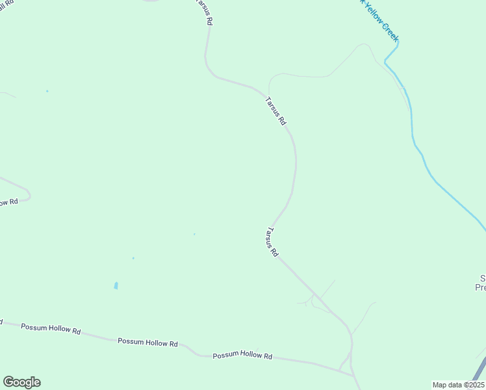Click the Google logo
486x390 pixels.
[x=21, y=382]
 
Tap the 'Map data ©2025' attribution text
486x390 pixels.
[x=458, y=384]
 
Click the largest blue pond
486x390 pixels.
[x=116, y=285]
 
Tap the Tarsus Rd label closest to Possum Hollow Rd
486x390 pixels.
[x=272, y=242]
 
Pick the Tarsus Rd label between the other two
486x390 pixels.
[x=275, y=110]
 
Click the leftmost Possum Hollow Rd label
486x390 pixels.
[x=51, y=329]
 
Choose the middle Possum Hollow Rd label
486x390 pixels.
[x=147, y=342]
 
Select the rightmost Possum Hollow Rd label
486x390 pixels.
[x=242, y=356]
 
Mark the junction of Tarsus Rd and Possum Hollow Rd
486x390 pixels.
[x=353, y=374]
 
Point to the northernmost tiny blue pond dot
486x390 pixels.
[x=47, y=91]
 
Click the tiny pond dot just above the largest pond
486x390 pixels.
[x=133, y=258]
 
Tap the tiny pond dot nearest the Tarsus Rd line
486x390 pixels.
[x=194, y=234]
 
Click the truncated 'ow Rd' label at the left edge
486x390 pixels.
[x=8, y=203]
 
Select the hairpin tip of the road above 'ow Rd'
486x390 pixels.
[x=29, y=194]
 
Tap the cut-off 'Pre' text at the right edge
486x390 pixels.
[x=481, y=287]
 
